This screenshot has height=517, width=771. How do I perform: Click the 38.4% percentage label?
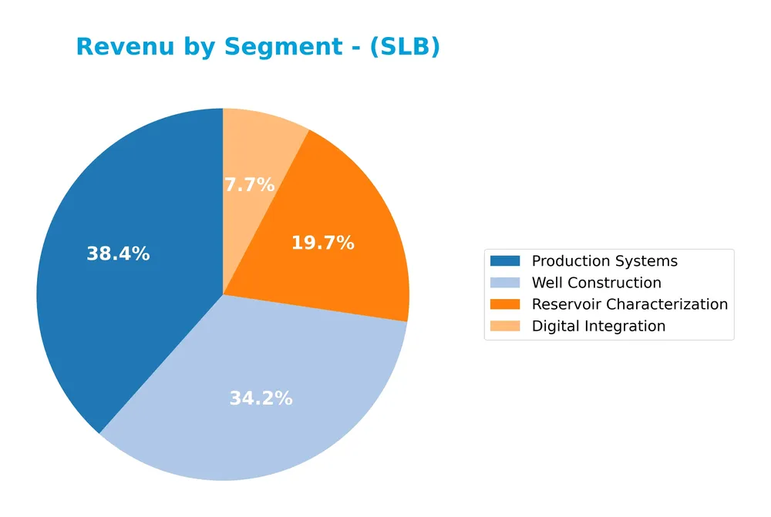pyautogui.click(x=118, y=253)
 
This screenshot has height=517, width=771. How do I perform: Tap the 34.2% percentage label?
pyautogui.click(x=261, y=398)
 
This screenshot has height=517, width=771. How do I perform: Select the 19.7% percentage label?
pyautogui.click(x=322, y=243)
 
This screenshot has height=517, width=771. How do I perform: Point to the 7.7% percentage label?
pyautogui.click(x=249, y=185)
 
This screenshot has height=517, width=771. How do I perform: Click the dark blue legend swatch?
pyautogui.click(x=505, y=261)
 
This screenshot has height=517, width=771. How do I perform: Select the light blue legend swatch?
pyautogui.click(x=505, y=283)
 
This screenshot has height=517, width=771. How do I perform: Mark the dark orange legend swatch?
pyautogui.click(x=505, y=304)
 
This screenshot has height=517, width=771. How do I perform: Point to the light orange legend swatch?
pyautogui.click(x=505, y=326)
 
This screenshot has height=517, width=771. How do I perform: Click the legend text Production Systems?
pyautogui.click(x=604, y=261)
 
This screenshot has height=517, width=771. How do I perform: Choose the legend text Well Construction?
pyautogui.click(x=596, y=283)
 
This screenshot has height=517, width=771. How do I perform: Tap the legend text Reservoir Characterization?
pyautogui.click(x=629, y=304)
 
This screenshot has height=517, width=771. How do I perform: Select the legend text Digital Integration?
pyautogui.click(x=598, y=326)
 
